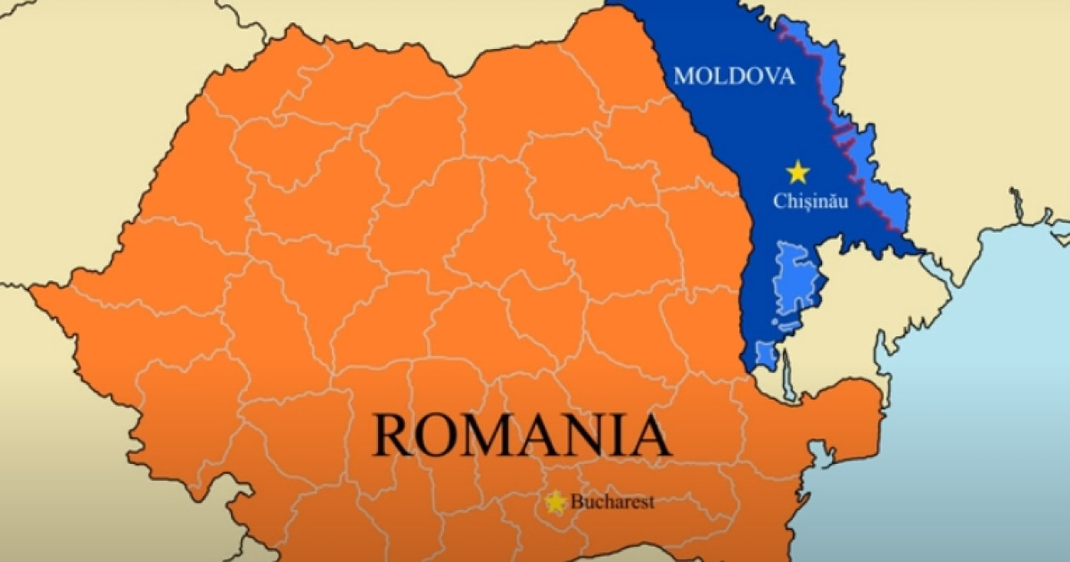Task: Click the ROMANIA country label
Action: (x=522, y=434)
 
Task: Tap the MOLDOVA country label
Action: (x=734, y=76)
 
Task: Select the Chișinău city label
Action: (x=810, y=201)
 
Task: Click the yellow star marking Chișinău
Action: (x=797, y=171)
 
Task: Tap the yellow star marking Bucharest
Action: (x=556, y=502)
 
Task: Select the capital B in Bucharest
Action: (x=576, y=502)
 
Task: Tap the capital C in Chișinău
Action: (x=778, y=201)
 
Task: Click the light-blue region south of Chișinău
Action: (x=793, y=277)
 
